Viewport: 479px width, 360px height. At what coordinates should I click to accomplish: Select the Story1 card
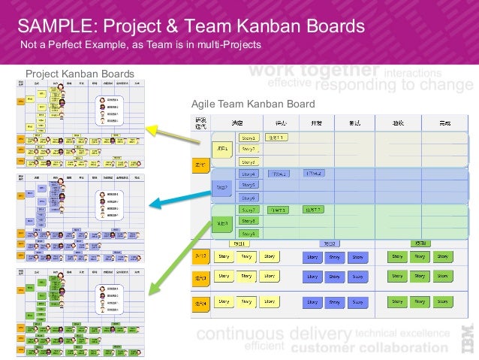[249, 138]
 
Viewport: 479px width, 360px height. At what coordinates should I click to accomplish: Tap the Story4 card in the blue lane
[249, 174]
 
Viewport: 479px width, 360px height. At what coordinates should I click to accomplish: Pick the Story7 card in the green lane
[249, 210]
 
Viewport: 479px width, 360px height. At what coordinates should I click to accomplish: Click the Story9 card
[249, 234]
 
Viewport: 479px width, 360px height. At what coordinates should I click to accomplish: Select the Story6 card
[249, 198]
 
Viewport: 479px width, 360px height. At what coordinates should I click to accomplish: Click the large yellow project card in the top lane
[222, 150]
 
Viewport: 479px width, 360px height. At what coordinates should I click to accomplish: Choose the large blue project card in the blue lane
[222, 186]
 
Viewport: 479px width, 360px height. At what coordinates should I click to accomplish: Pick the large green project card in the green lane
[222, 222]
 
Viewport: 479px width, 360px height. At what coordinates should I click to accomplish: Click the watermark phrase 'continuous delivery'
[273, 333]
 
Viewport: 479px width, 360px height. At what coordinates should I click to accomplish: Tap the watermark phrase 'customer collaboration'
[369, 348]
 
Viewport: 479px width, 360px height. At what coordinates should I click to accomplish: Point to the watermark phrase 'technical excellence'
[402, 332]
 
